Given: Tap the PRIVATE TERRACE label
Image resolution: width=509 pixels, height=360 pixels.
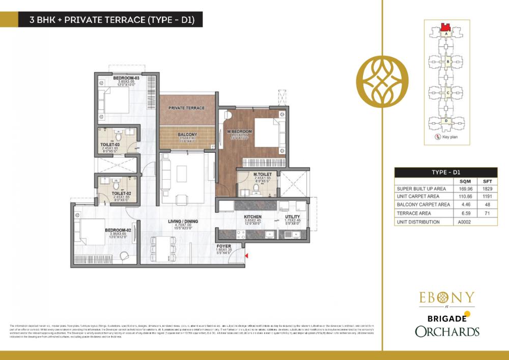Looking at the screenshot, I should coord(186,108).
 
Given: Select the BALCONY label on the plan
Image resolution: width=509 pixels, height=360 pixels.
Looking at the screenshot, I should coord(187,135).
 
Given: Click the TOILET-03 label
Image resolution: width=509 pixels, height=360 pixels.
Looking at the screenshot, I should coord(110,145).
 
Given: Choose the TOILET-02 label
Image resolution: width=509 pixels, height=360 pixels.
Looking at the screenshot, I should coord(110,193).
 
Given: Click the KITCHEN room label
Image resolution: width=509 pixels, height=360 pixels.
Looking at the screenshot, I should coord(252,216).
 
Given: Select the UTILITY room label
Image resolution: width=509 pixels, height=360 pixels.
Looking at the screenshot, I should coord(293,216).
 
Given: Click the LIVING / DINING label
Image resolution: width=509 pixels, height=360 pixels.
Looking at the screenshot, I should coord(183,221).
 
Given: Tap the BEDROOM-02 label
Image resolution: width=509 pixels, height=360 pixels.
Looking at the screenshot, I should coord(118,230).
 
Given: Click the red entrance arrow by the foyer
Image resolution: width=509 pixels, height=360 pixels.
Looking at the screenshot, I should coord(246,256).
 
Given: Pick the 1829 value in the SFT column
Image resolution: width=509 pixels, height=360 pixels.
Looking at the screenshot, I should coord(486,189).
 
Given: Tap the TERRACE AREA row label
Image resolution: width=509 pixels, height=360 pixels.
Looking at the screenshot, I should coord(414,213).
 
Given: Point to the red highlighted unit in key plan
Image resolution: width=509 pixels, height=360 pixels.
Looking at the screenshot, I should coord(446,26).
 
